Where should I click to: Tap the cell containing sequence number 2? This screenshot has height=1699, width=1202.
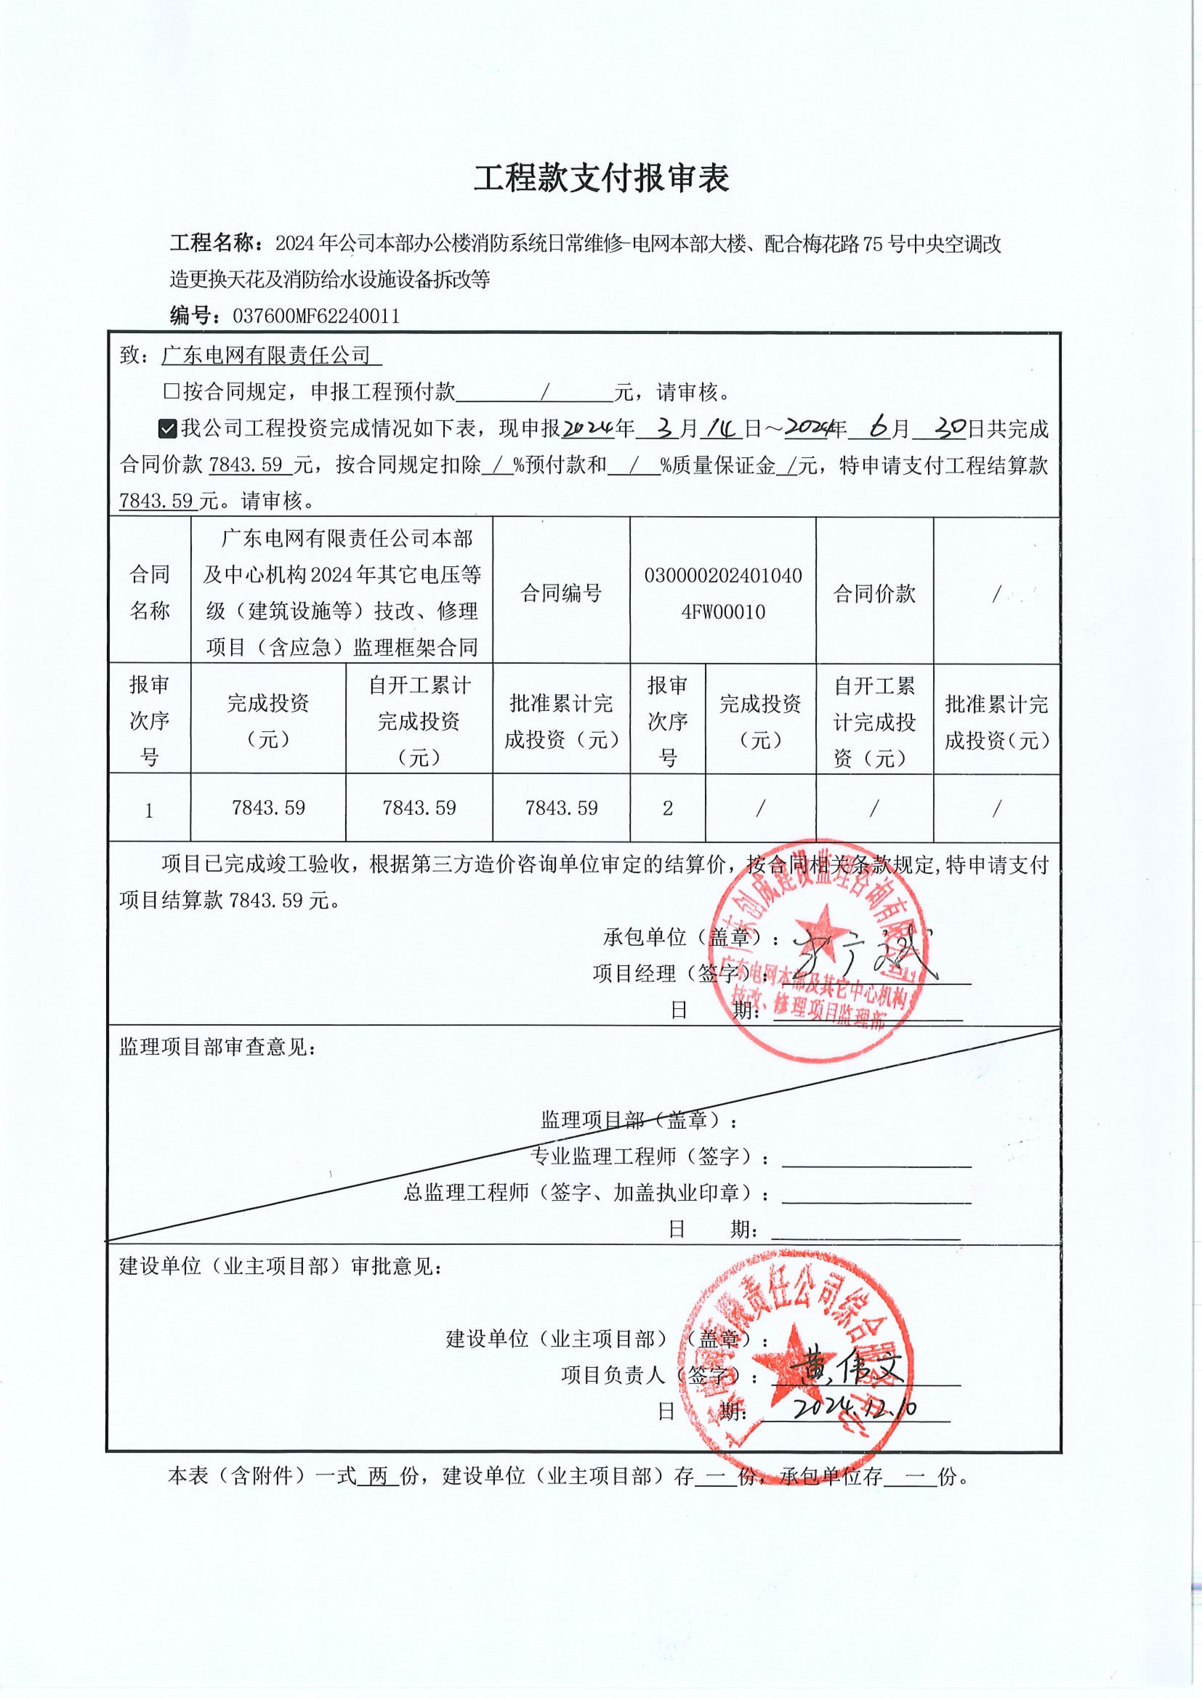click(x=668, y=808)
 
